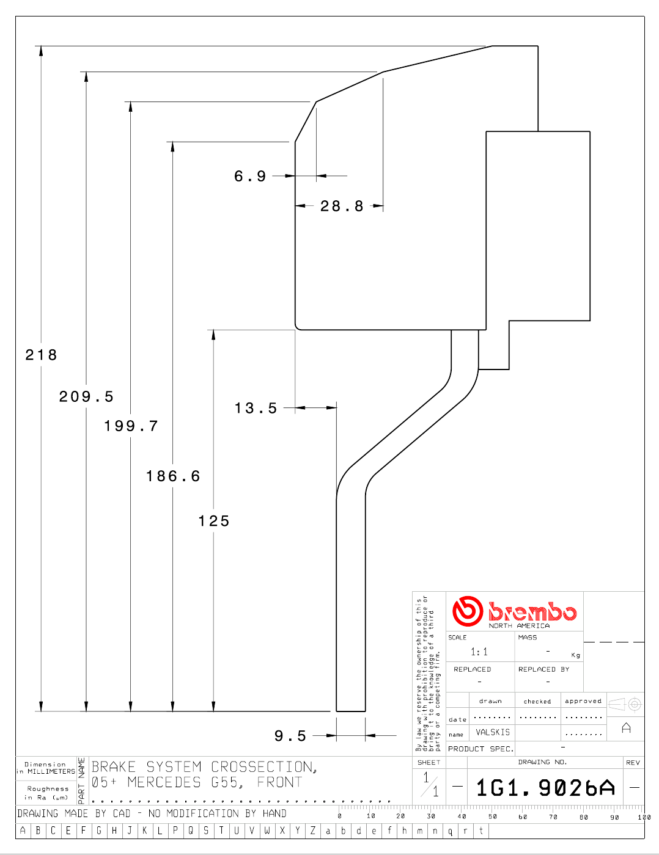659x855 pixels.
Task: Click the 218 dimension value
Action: pos(41,355)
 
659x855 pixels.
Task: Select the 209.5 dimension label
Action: pos(86,396)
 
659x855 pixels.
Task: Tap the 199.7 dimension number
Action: pos(131,426)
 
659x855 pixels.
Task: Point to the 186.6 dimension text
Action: pos(173,476)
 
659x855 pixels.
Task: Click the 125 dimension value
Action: pos(214,521)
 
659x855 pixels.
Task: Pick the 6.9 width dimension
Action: pos(250,176)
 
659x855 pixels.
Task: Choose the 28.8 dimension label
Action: pos(342,206)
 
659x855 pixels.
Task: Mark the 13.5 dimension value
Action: pos(256,408)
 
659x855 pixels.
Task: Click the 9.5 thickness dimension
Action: pos(290,736)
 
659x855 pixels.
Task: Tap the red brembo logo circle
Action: pos(467,611)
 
